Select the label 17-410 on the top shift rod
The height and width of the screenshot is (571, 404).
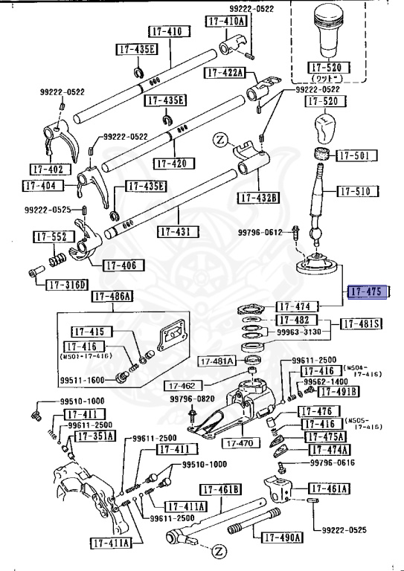(164, 33)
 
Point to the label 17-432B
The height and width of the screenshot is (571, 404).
(258, 198)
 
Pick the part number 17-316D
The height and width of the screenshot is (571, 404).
(67, 285)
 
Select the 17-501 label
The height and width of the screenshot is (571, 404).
(357, 156)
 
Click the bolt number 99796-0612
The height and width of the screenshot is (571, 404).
(260, 233)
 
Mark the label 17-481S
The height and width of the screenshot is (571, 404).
(362, 323)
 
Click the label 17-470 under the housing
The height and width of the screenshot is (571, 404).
(237, 443)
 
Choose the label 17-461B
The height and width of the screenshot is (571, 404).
(220, 489)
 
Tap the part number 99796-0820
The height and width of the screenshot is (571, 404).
(191, 399)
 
